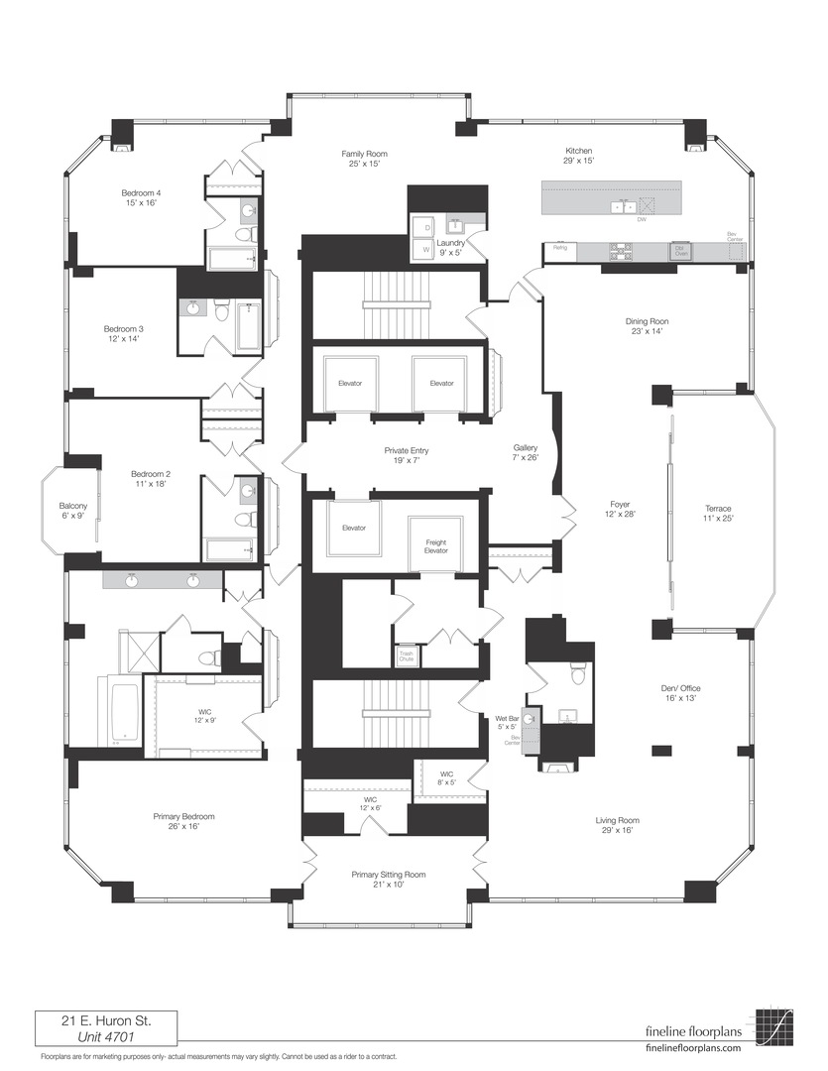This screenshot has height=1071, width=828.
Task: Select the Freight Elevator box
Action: tap(435, 545)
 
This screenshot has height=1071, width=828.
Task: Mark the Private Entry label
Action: tap(407, 455)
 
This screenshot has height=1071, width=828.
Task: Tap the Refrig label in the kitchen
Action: tap(560, 247)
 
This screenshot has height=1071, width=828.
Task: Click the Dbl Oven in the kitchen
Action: tap(680, 250)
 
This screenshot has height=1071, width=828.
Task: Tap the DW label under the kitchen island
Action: tap(642, 219)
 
